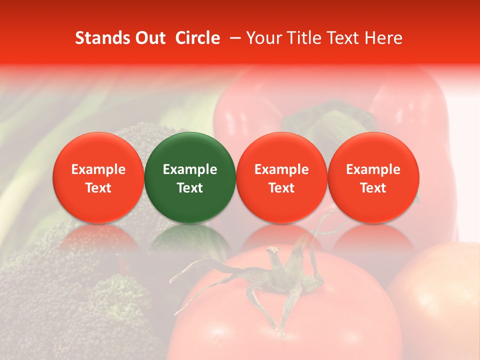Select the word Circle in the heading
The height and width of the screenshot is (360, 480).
[x=197, y=38]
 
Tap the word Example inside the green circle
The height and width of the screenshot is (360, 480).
[x=190, y=169]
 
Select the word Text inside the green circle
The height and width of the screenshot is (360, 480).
[x=190, y=188]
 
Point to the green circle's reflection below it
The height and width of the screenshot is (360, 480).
[x=190, y=240]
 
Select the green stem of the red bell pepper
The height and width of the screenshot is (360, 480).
[x=330, y=120]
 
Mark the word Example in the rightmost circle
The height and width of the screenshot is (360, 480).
[x=373, y=169]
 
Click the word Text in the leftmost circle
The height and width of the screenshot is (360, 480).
[x=98, y=188]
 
